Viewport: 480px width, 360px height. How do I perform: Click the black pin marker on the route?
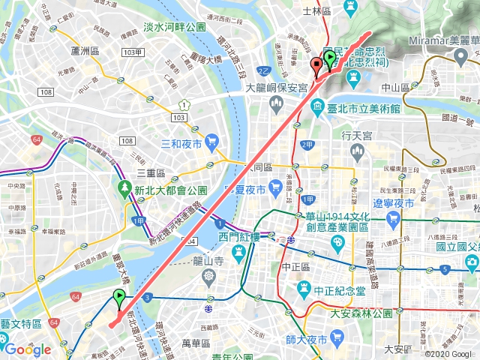(x=316, y=67)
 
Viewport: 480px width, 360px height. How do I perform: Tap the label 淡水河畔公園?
(x=174, y=27)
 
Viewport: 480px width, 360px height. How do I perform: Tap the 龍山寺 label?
(x=208, y=261)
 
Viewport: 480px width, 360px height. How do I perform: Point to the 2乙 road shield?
(x=263, y=72)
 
